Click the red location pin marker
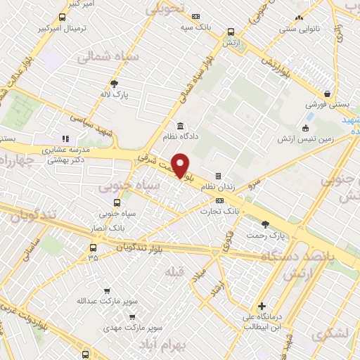[180, 165]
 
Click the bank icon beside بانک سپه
[195, 16]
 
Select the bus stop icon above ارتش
[231, 32]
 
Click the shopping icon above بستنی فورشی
[328, 94]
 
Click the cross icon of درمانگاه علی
[262, 307]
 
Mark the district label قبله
[174, 271]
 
